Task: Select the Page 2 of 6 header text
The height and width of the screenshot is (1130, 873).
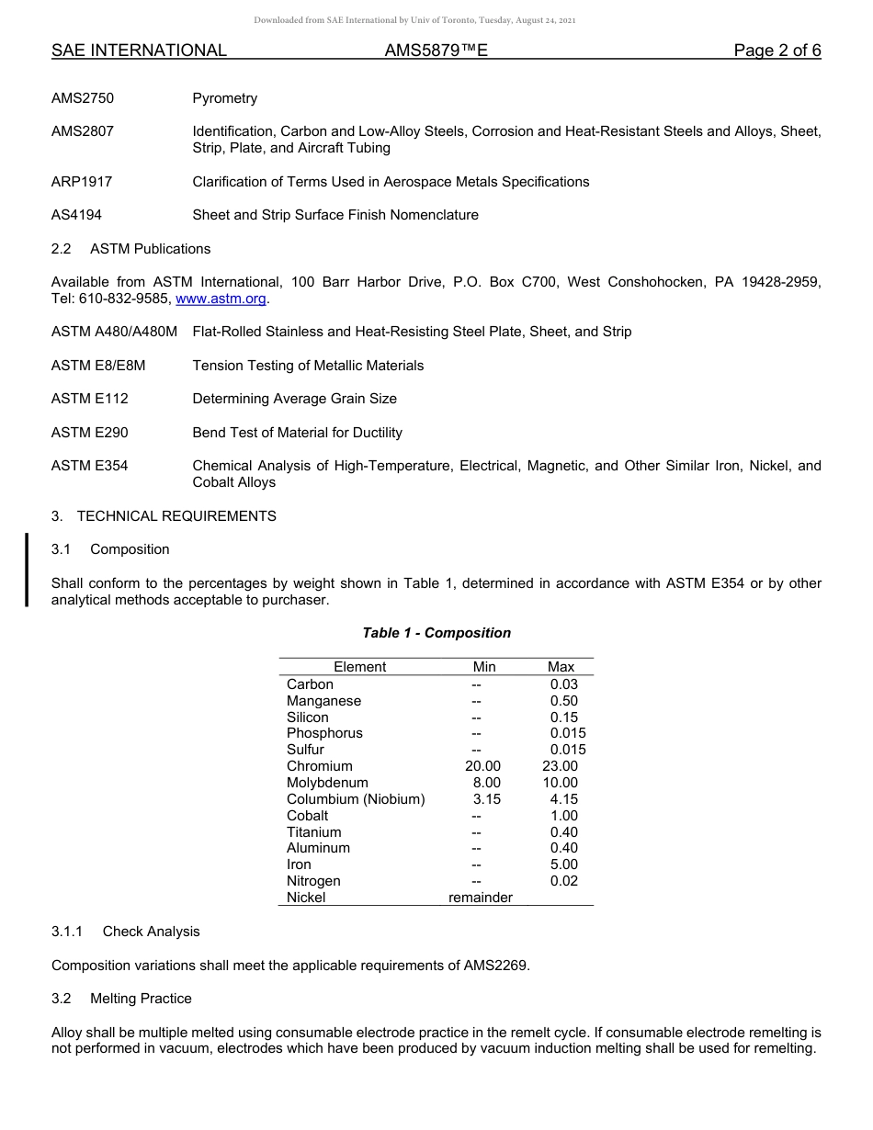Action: (777, 51)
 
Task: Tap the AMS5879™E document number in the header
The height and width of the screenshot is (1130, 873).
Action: (436, 51)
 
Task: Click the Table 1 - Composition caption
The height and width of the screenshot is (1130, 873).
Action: (436, 633)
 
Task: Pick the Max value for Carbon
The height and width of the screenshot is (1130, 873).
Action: (563, 684)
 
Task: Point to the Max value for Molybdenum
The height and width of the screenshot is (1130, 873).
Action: (561, 783)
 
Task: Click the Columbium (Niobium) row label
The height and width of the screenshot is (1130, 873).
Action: (356, 799)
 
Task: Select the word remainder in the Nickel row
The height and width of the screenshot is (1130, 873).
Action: (480, 898)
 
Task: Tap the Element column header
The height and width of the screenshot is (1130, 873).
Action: (359, 667)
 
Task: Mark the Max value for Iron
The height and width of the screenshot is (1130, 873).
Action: (563, 864)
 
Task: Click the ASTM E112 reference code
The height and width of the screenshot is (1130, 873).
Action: (90, 399)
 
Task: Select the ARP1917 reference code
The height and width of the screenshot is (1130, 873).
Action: (82, 182)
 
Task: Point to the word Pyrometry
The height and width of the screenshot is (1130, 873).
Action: (224, 98)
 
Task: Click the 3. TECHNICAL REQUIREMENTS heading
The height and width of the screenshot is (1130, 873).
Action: (164, 516)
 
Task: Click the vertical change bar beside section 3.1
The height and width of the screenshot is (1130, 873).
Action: (27, 570)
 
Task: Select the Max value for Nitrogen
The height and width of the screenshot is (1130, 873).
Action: (563, 881)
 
